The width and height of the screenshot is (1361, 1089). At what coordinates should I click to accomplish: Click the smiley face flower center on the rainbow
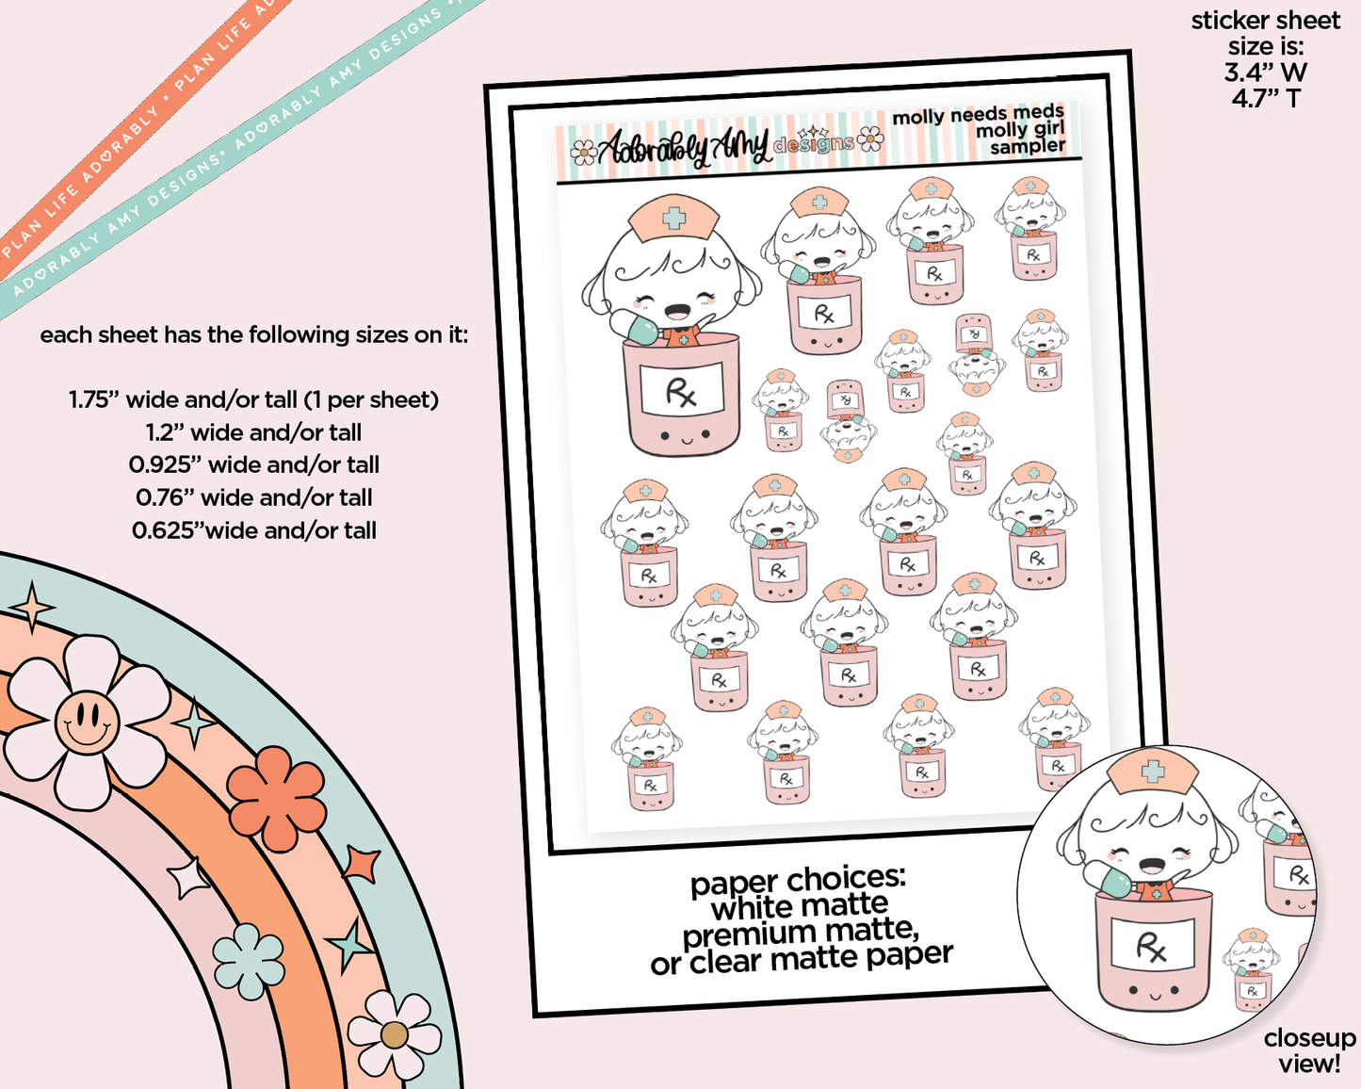pyautogui.click(x=87, y=723)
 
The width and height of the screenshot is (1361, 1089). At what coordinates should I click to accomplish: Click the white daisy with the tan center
pyautogui.click(x=394, y=1034)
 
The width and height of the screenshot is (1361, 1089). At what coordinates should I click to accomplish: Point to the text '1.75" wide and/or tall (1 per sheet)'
pyautogui.click(x=253, y=400)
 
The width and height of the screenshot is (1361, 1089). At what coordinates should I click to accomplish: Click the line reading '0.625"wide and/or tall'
pyautogui.click(x=253, y=530)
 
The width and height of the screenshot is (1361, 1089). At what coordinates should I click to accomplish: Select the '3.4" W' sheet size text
pyautogui.click(x=1266, y=73)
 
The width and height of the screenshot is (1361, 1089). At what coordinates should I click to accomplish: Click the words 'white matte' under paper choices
pyautogui.click(x=800, y=907)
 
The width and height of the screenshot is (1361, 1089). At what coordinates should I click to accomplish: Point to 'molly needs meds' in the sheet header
pyautogui.click(x=979, y=115)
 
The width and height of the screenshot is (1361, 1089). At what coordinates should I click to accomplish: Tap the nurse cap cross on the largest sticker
pyautogui.click(x=674, y=219)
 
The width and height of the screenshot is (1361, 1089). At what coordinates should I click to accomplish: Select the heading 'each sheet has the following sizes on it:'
pyautogui.click(x=253, y=334)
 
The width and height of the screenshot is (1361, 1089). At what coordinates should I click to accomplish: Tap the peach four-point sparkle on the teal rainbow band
pyautogui.click(x=32, y=607)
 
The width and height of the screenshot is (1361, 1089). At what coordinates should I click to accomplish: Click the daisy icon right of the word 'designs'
pyautogui.click(x=870, y=139)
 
